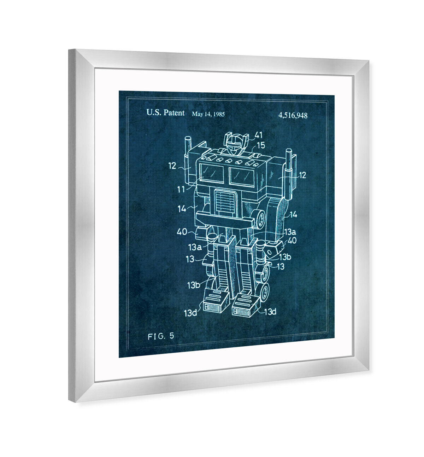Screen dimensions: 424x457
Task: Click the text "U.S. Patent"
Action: coord(165,113)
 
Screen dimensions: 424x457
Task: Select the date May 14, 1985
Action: coord(208,114)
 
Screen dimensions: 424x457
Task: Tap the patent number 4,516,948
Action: coord(293,115)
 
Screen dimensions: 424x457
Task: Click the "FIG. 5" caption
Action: coord(161,336)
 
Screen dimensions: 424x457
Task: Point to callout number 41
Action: coord(258,135)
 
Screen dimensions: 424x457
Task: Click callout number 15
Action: coord(261,145)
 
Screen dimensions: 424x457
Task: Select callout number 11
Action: coord(181,189)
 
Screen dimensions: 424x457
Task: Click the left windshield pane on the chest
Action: coord(212,173)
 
